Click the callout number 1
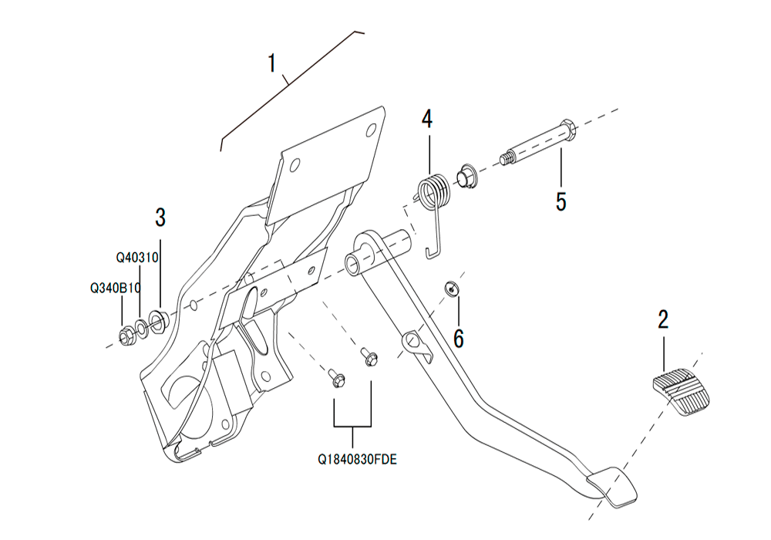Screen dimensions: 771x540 pyautogui.click(x=272, y=63)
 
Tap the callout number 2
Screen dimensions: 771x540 pyautogui.click(x=663, y=319)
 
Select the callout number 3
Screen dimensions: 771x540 pyautogui.click(x=160, y=218)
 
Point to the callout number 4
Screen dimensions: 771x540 pyautogui.click(x=427, y=119)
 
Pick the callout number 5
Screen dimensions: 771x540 pyautogui.click(x=561, y=201)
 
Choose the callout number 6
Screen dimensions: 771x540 pyautogui.click(x=458, y=339)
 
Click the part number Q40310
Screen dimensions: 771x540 pyautogui.click(x=137, y=258)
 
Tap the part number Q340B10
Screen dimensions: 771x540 pyautogui.click(x=116, y=289)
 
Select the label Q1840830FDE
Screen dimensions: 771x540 pyautogui.click(x=357, y=460)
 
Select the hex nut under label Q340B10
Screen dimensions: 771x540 pyautogui.click(x=125, y=336)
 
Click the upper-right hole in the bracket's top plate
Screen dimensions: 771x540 pyautogui.click(x=372, y=130)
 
